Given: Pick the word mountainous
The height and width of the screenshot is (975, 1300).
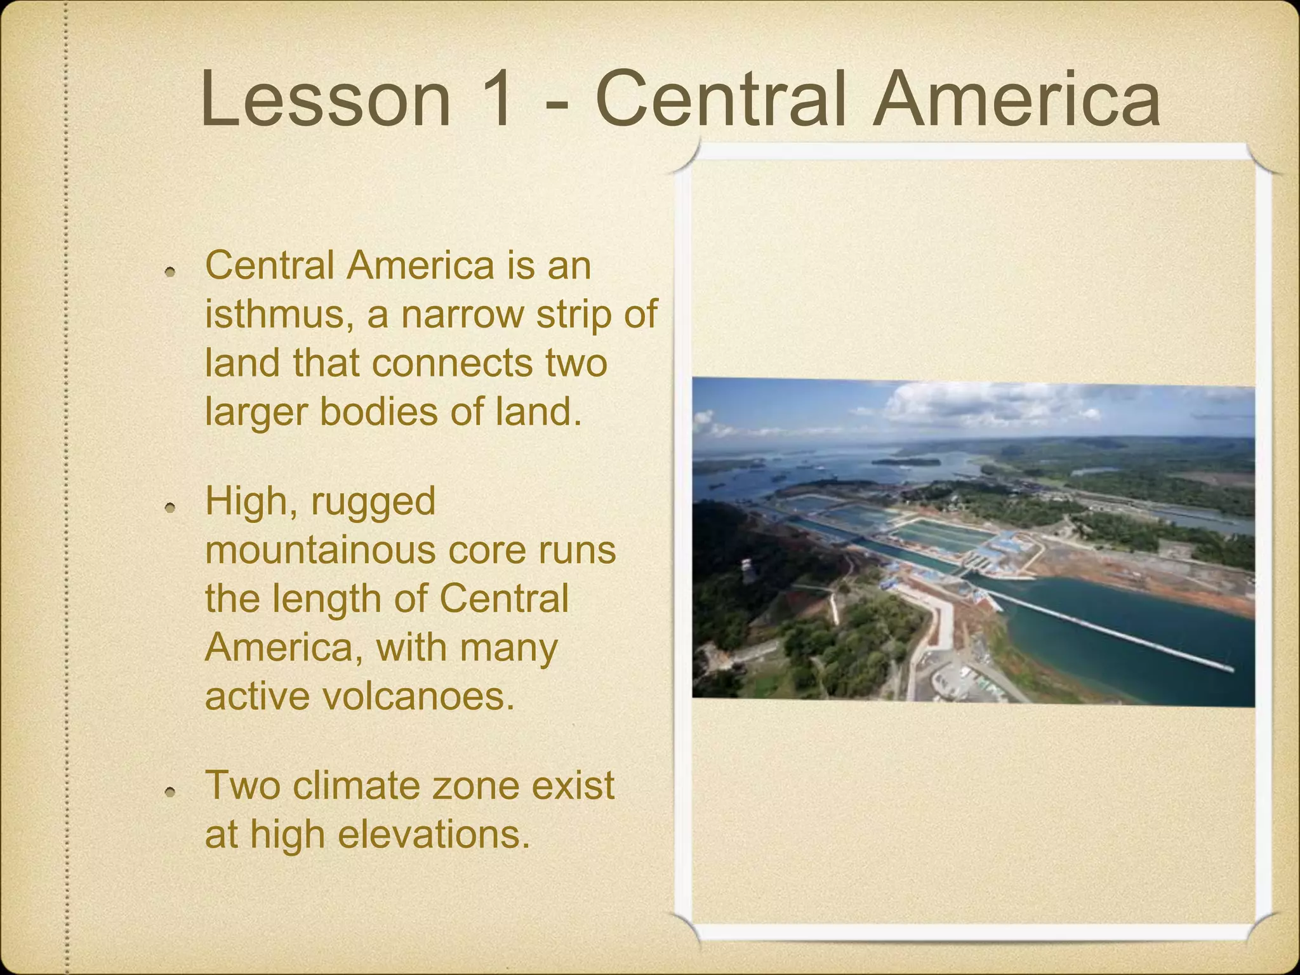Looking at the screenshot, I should point(321,550).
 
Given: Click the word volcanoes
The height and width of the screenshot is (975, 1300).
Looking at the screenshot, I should point(418,696).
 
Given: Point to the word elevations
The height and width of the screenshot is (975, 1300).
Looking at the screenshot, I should point(433,833).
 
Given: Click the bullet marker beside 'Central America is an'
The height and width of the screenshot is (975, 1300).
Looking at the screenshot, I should point(169,272).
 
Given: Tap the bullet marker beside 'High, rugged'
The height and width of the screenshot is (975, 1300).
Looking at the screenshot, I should point(169,508).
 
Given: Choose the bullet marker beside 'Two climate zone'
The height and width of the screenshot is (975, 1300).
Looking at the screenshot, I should point(169,792).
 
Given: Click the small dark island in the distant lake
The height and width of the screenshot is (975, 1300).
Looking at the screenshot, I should point(906,461).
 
